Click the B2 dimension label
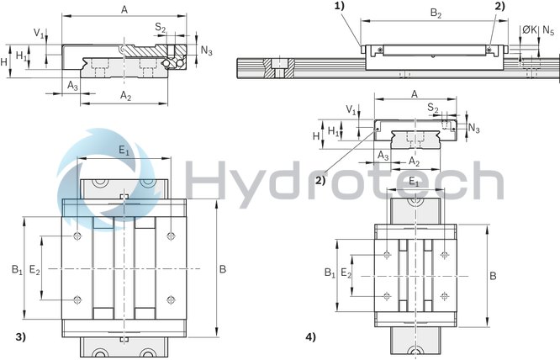435,13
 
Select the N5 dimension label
548,29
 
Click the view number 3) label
21,337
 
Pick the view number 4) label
311,337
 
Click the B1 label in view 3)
17,270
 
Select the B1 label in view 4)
330,273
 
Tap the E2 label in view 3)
34,270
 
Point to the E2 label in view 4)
346,274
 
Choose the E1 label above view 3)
124,151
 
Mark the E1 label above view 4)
414,181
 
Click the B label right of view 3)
222,270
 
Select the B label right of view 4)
494,275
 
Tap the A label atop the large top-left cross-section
124,9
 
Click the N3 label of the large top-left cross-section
206,50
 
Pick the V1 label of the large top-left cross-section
39,33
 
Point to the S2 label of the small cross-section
431,109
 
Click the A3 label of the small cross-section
383,156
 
